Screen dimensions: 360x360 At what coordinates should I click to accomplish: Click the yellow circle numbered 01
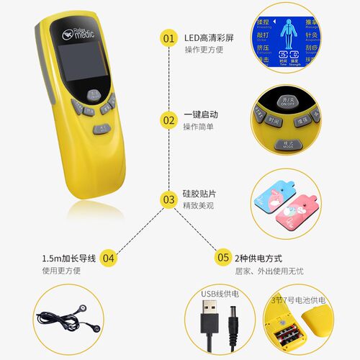(x=168, y=36)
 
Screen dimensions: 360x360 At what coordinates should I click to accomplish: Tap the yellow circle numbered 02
(x=168, y=119)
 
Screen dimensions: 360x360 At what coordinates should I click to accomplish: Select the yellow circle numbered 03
(x=168, y=199)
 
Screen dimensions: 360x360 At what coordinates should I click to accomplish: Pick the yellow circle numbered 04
(x=108, y=257)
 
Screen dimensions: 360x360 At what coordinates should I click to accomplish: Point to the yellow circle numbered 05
(x=223, y=257)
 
